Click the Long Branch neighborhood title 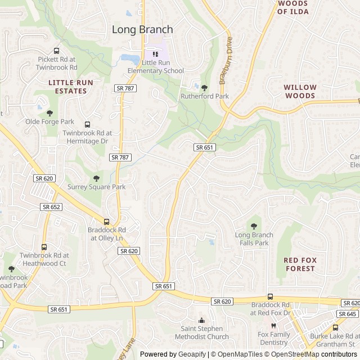(x=142, y=29)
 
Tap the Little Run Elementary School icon (x=155, y=54)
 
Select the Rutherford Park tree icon (x=204, y=87)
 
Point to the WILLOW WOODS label (x=300, y=92)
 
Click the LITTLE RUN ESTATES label (x=70, y=86)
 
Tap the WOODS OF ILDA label (x=292, y=7)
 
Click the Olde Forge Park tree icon (x=49, y=112)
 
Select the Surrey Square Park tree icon (x=96, y=178)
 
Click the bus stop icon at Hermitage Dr (x=87, y=124)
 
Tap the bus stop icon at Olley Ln (x=106, y=221)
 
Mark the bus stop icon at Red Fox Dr (x=270, y=296)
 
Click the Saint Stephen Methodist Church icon (x=201, y=320)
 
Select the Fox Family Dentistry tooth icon (x=274, y=326)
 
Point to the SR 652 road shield (x=51, y=207)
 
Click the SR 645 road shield (x=348, y=314)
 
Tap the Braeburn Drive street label (x=226, y=61)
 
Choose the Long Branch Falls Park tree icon (x=254, y=226)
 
